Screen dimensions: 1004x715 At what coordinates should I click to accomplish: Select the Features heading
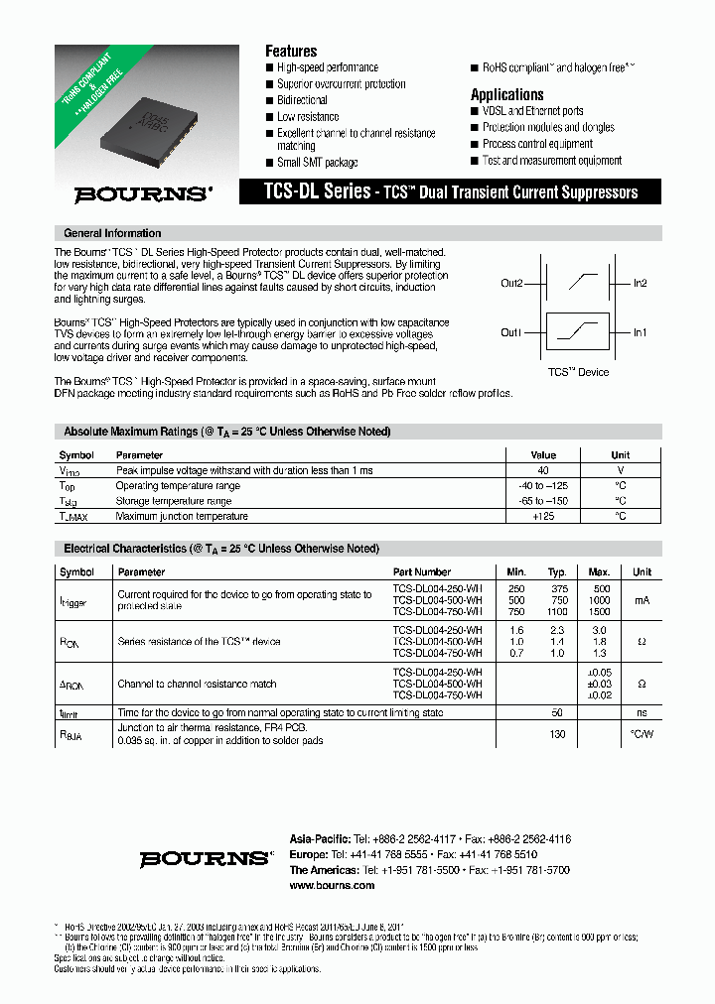click(x=291, y=51)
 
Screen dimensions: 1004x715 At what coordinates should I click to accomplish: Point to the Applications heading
click(x=506, y=94)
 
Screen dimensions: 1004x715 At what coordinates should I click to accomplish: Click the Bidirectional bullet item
click(x=302, y=100)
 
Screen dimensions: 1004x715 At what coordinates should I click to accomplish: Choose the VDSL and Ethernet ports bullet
click(x=532, y=111)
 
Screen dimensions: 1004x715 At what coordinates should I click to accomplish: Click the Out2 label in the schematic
click(x=511, y=284)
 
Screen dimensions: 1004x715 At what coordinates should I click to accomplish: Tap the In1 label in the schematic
click(x=641, y=332)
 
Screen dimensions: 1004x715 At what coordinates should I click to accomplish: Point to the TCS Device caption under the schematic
click(x=578, y=372)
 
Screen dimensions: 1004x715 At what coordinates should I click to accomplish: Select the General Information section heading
click(x=112, y=233)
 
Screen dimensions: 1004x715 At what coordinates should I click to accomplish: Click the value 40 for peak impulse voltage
click(x=543, y=470)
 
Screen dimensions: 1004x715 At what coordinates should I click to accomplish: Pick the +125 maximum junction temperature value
click(x=543, y=516)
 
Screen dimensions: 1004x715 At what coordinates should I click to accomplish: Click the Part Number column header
click(x=422, y=571)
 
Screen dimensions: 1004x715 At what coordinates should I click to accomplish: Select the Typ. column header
click(x=557, y=571)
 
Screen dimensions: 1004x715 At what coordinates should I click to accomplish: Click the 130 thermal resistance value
click(x=558, y=734)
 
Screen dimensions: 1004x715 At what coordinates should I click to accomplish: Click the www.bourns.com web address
click(x=332, y=885)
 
